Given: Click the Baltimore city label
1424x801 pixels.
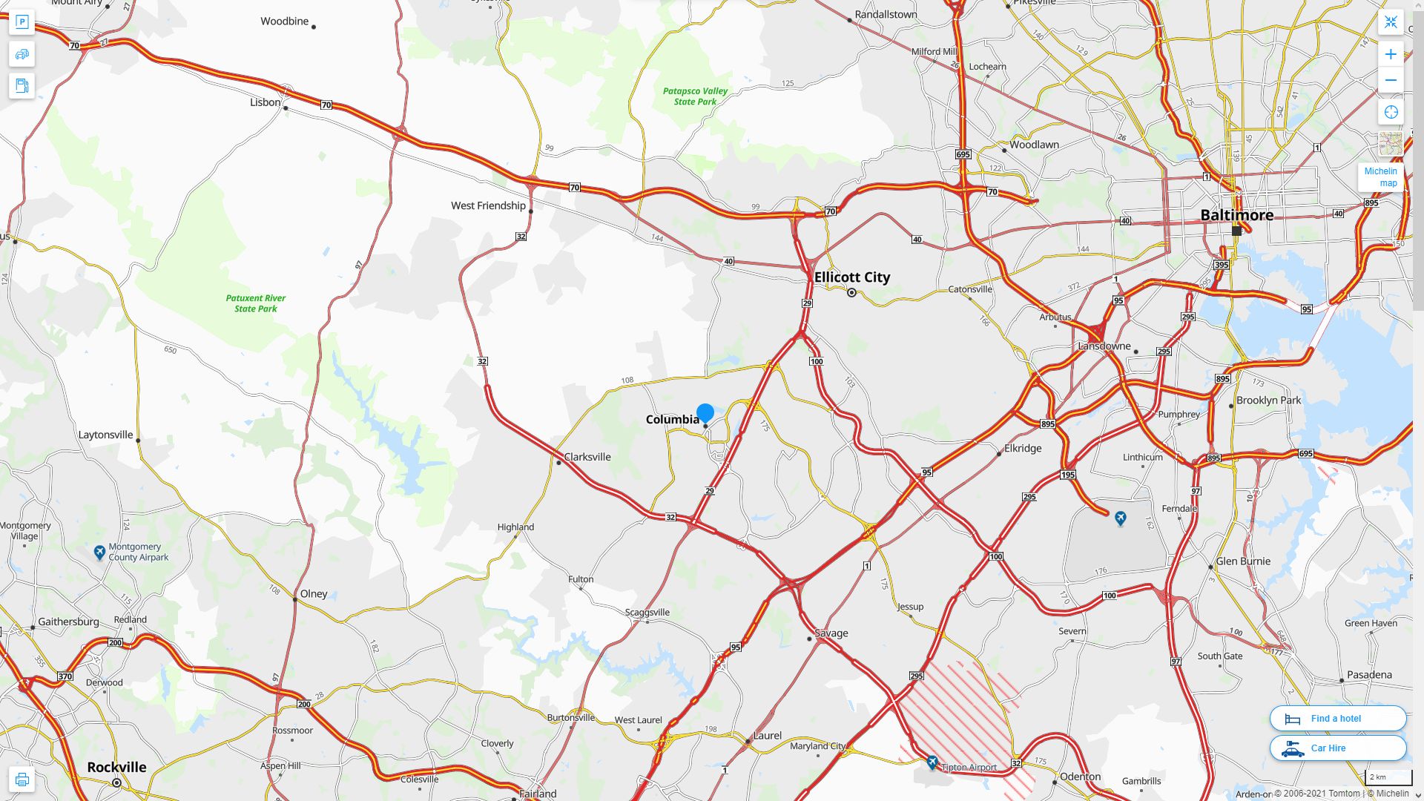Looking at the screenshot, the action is (x=1236, y=215).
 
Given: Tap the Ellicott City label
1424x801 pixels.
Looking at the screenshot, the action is (x=851, y=277).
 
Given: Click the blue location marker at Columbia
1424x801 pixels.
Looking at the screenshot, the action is (x=705, y=412).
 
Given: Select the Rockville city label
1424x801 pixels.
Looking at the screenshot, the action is (x=116, y=767).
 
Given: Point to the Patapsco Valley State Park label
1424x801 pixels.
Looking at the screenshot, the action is (x=695, y=96).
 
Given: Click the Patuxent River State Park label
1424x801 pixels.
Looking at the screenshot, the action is (x=255, y=303).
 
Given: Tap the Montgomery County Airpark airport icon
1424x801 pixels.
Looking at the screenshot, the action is (x=99, y=553).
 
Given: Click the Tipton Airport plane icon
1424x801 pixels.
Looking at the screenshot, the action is (x=932, y=762).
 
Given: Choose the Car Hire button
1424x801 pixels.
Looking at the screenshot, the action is (x=1337, y=748).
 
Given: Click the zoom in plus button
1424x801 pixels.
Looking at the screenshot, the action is (x=1391, y=54).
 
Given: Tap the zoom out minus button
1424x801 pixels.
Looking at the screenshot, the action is (x=1391, y=80).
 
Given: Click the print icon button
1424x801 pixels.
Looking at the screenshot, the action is (x=22, y=779).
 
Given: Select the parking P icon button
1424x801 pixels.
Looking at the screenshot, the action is (x=22, y=22).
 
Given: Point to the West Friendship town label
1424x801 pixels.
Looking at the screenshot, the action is (x=488, y=205).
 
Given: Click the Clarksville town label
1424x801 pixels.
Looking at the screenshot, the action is (x=587, y=457).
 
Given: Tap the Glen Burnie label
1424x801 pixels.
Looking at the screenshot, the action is (x=1243, y=561).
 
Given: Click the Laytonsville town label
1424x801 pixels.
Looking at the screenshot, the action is (x=105, y=435).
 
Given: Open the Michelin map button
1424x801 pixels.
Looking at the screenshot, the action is (x=1380, y=177).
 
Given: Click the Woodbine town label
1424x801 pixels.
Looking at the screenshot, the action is (x=284, y=21).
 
